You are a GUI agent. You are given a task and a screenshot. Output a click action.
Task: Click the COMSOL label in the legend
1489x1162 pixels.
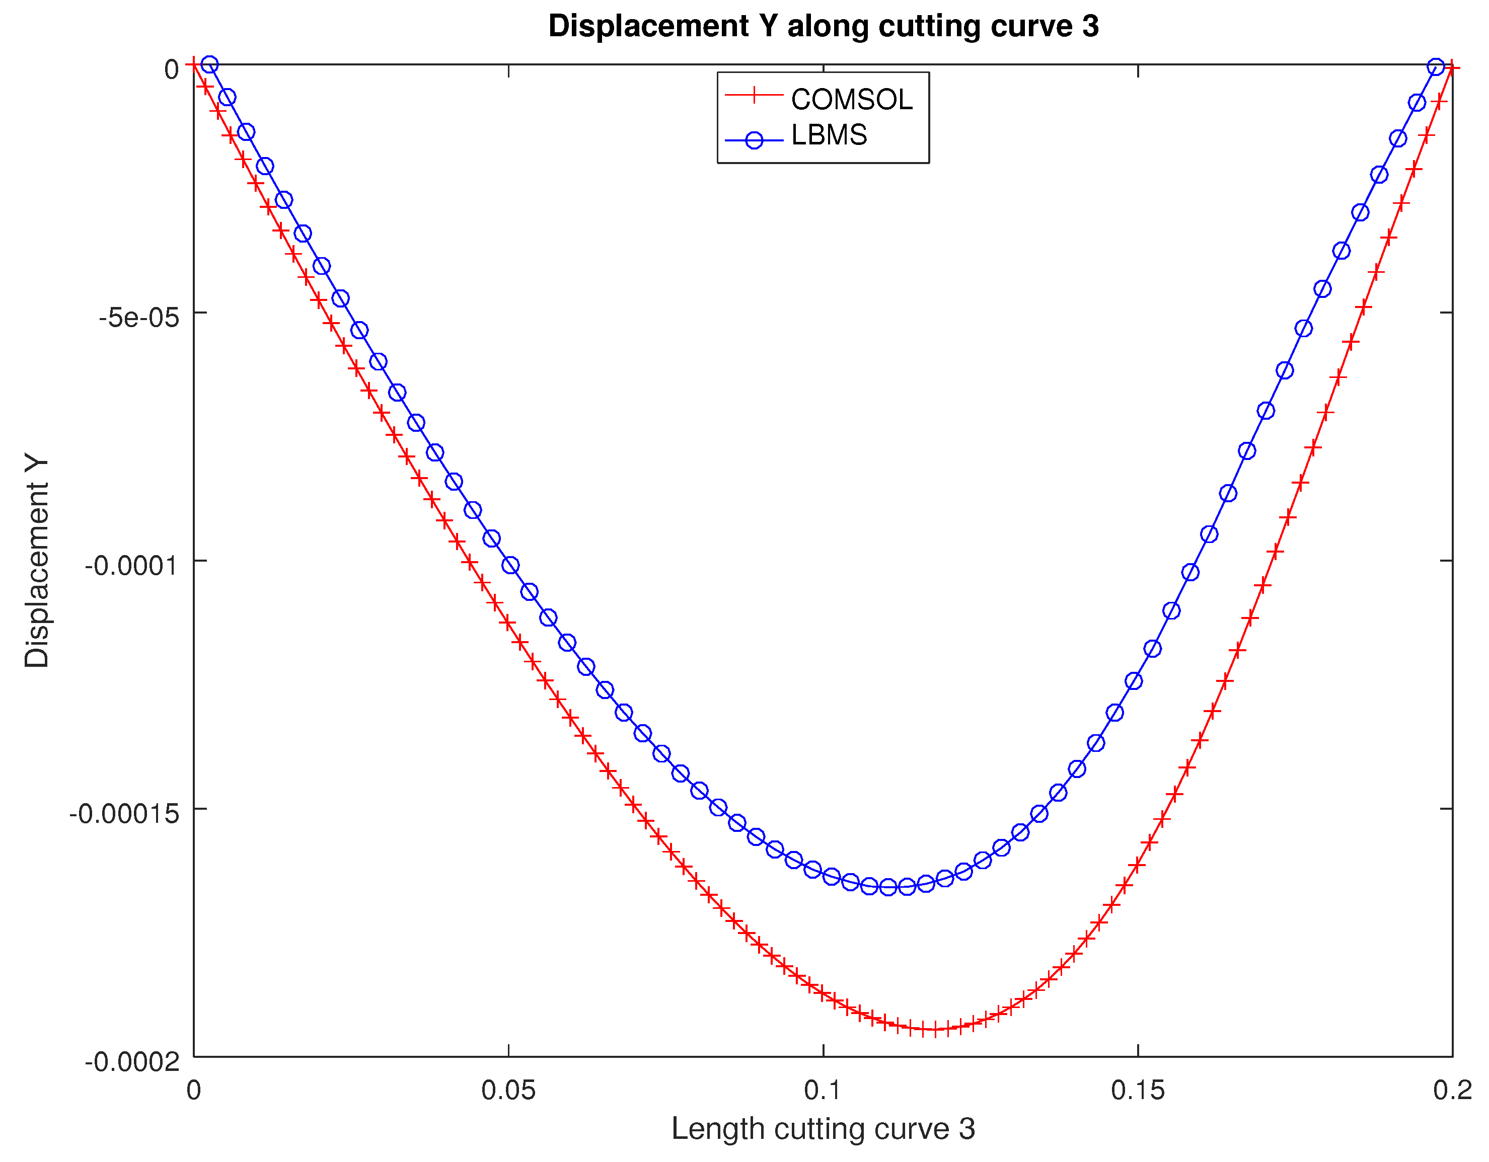point(851,100)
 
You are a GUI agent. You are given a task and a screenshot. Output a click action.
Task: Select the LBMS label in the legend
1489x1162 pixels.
point(829,135)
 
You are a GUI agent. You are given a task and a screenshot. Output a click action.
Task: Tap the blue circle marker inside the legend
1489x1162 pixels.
point(754,140)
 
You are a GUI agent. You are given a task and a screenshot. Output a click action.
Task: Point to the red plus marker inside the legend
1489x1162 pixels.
point(754,96)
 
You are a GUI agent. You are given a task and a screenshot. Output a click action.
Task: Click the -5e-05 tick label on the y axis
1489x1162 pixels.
point(139,318)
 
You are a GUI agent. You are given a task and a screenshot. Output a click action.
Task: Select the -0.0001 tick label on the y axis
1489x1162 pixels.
point(131,565)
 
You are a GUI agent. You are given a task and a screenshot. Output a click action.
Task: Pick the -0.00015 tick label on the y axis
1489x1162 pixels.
point(123,813)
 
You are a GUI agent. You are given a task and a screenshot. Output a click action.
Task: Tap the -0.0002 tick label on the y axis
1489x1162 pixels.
point(131,1062)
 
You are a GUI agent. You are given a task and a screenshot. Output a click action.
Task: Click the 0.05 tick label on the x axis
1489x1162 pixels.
point(508,1091)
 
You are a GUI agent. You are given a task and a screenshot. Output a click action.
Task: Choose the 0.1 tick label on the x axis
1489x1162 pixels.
point(823,1091)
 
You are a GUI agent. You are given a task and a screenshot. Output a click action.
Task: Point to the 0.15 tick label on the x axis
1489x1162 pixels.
point(1137,1091)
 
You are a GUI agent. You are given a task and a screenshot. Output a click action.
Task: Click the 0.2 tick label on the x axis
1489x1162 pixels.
point(1452,1091)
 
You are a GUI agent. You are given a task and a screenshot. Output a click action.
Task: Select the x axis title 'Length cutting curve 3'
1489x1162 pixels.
point(823,1129)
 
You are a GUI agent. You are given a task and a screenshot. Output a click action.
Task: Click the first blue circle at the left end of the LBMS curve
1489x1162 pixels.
point(209,65)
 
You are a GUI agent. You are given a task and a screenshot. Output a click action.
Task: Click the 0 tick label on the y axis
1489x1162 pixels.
point(171,69)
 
